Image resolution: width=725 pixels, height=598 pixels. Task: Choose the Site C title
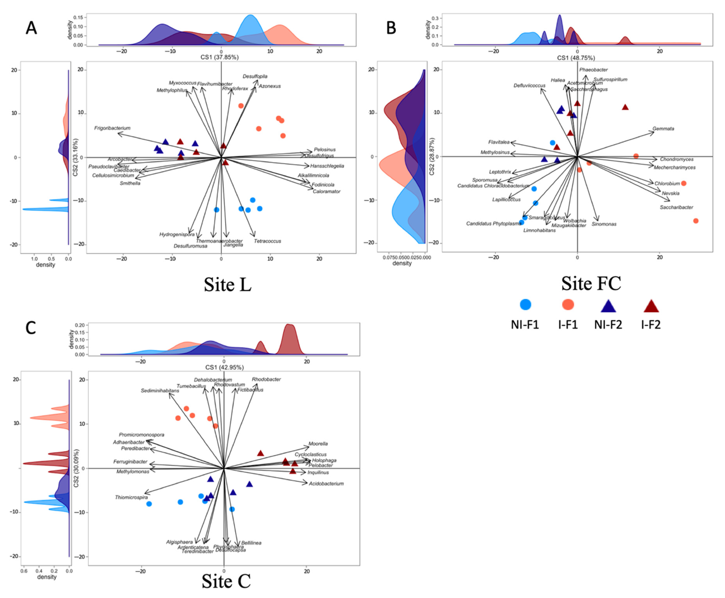pos(226,581)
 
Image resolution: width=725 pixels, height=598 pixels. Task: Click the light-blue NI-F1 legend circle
pos(525,304)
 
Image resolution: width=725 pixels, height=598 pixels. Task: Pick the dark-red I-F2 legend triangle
pos(651,306)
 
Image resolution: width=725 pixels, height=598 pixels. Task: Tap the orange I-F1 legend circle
pos(568,304)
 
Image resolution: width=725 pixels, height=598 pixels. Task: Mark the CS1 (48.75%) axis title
pos(576,58)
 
